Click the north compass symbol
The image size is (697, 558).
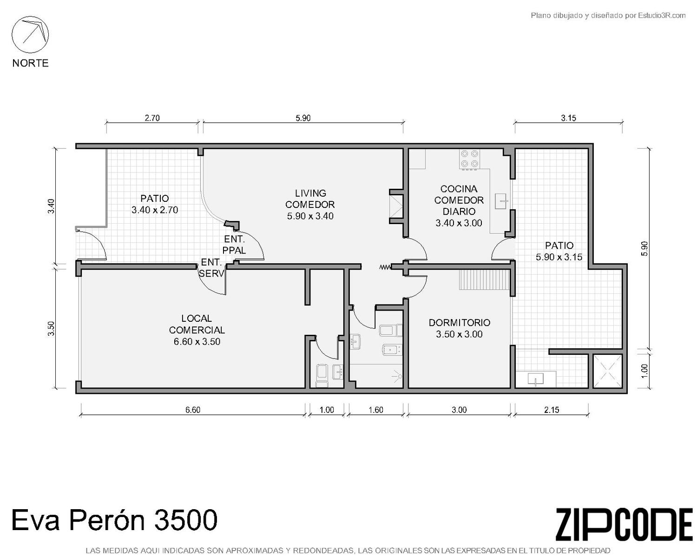pos(30,35)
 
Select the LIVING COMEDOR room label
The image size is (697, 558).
pos(310,199)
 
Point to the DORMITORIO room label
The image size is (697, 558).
pos(459,323)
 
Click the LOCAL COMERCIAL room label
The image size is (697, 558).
pos(197,324)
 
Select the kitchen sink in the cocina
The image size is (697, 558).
pos(501,201)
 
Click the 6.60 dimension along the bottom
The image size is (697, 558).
pos(193,410)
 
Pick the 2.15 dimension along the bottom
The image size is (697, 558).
pos(551,410)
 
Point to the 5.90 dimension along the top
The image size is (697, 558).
pos(303,118)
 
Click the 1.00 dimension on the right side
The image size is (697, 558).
pos(644,371)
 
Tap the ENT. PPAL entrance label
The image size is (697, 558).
pos(234,245)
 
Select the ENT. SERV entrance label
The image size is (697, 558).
pos(211,268)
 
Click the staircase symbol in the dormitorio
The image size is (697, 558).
pos(484,280)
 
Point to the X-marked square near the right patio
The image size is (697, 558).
pos(608,371)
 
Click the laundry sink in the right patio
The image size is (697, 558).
pos(535,379)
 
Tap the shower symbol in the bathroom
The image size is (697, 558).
pos(397,376)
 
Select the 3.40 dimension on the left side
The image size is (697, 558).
pos(51,206)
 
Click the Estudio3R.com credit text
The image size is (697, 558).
pos(608,15)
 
